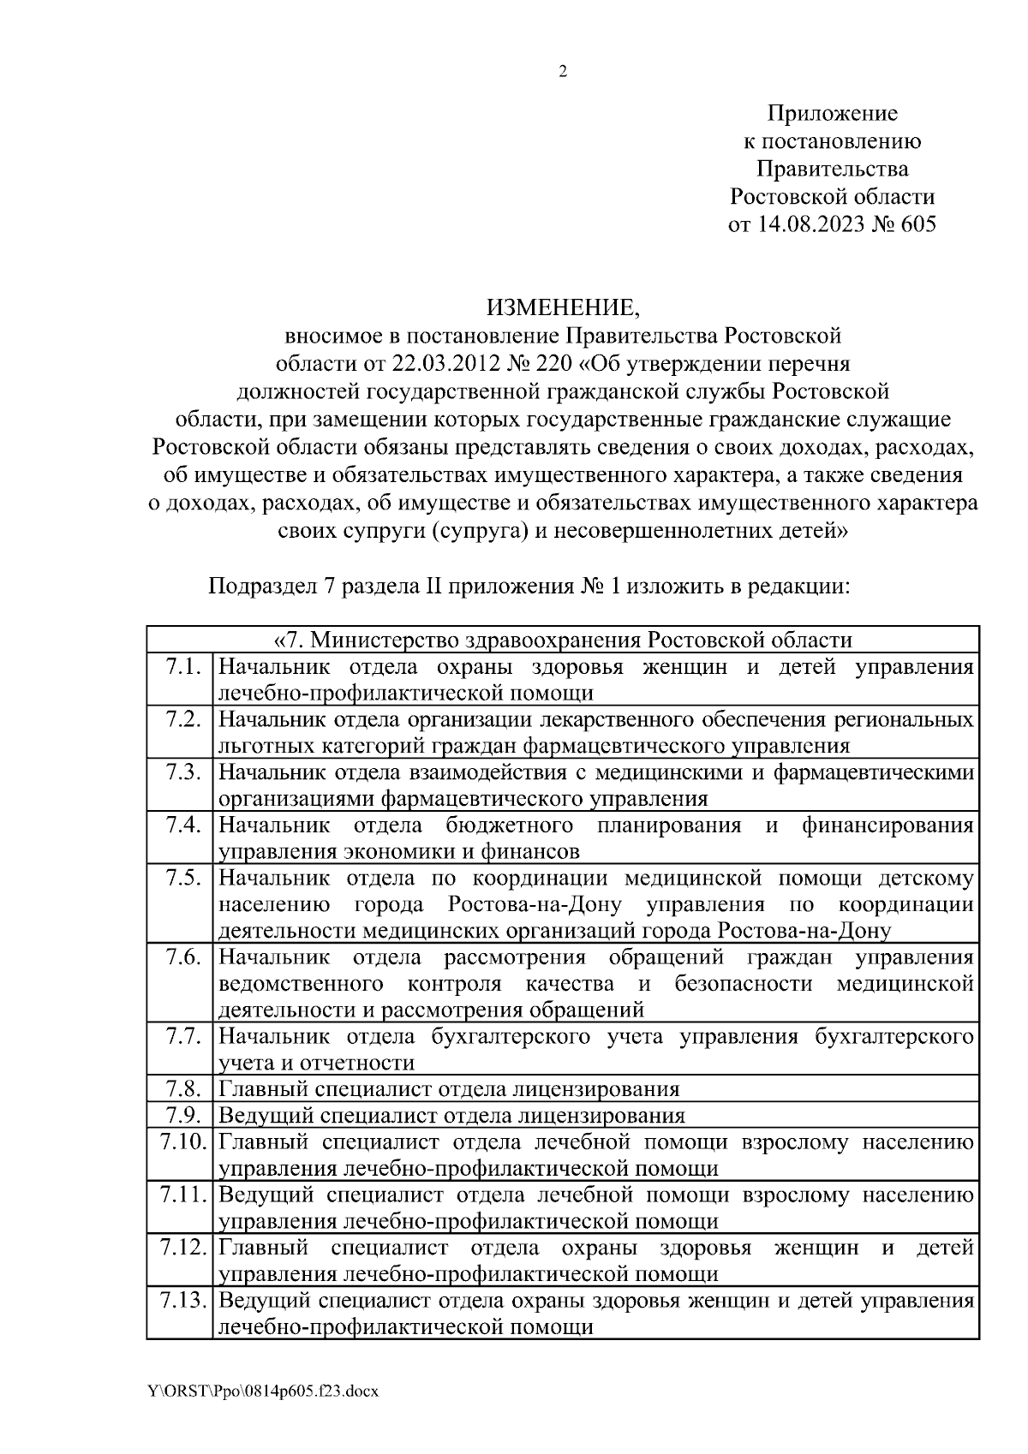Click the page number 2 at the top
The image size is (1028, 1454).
pos(563,72)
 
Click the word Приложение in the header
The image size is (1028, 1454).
pos(832,113)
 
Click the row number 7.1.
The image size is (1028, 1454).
pos(183,666)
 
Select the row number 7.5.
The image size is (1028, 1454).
pos(183,878)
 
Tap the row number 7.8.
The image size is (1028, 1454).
pos(182,1089)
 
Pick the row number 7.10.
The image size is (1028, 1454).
pos(180,1141)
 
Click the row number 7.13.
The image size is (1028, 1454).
pos(180,1301)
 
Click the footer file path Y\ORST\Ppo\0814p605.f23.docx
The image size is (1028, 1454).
pos(263,1391)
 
